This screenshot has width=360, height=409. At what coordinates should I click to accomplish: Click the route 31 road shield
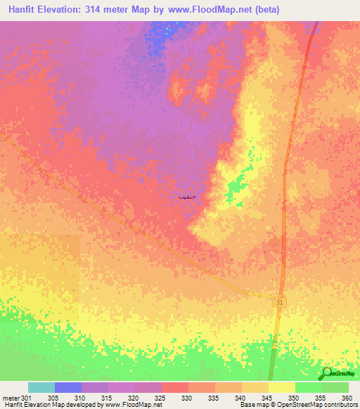point(280,301)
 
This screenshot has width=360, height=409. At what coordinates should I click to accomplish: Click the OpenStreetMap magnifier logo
point(328,373)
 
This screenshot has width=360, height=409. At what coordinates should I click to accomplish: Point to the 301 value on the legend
point(27,397)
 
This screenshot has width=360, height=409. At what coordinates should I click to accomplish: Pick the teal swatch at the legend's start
point(41,387)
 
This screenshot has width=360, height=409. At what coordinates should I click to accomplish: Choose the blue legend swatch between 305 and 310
point(68,387)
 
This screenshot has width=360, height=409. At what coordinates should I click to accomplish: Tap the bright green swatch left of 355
point(309,387)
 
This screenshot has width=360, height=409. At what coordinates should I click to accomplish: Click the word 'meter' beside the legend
point(11,397)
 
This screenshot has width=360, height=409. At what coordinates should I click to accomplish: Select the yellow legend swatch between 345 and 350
point(282,387)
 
